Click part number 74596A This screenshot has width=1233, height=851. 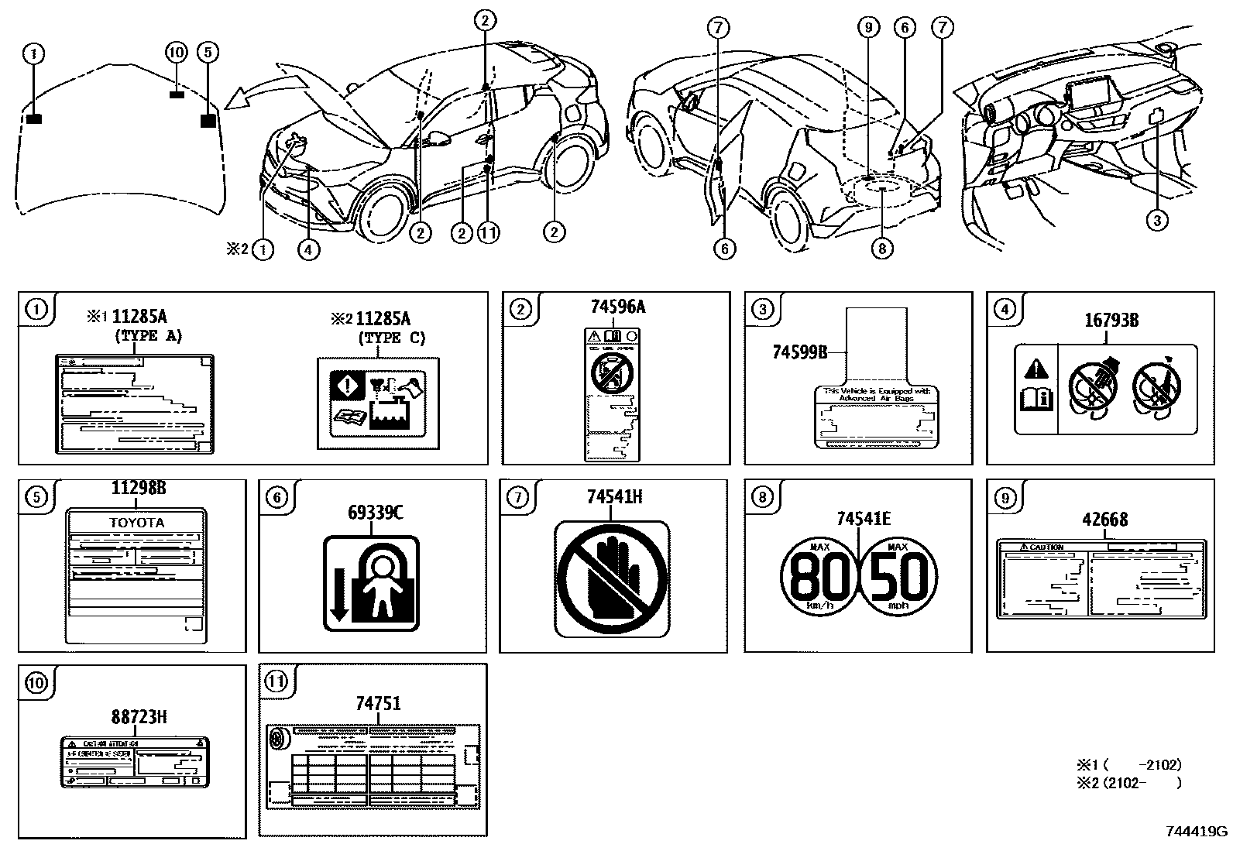pos(616,307)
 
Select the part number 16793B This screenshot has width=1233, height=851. pos(1110,320)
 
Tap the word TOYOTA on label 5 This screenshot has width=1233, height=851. pos(136,523)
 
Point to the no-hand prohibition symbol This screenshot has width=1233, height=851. pos(612,578)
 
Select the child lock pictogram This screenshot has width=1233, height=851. pos(371,583)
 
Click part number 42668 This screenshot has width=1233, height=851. pos(1104,520)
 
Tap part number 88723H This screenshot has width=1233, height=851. pos(138,717)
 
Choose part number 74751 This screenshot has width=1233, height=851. pos(378,703)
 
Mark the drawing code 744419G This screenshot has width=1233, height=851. pos(1196,832)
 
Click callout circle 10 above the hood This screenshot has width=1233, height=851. pos(177,53)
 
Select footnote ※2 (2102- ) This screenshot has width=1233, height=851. pos(1128,783)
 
